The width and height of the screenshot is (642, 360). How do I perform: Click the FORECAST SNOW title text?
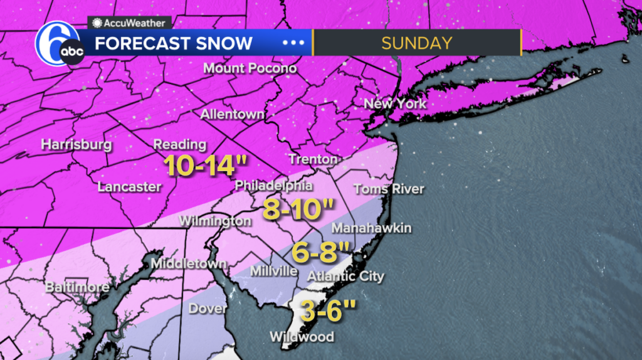click(x=174, y=43)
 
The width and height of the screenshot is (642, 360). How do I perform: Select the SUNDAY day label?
click(x=416, y=43)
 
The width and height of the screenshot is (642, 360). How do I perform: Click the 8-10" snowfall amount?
click(x=298, y=209)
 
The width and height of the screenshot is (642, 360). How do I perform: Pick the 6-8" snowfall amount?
click(x=321, y=254)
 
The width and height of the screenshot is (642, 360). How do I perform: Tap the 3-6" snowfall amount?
click(x=328, y=310)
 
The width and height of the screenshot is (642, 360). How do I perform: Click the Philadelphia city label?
click(x=273, y=186)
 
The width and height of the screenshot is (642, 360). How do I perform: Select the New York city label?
click(x=395, y=103)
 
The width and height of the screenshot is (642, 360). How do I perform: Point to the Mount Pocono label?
click(x=250, y=68)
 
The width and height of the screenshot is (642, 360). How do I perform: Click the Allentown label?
click(x=232, y=115)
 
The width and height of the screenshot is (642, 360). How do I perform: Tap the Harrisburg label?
click(x=76, y=145)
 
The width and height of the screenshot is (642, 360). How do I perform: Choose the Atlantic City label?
click(x=346, y=276)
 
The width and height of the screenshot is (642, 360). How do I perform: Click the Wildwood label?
click(x=302, y=337)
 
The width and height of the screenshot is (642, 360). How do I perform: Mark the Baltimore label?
click(x=77, y=287)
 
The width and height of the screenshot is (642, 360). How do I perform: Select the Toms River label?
click(x=389, y=189)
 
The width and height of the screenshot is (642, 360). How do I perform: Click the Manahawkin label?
click(x=371, y=228)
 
